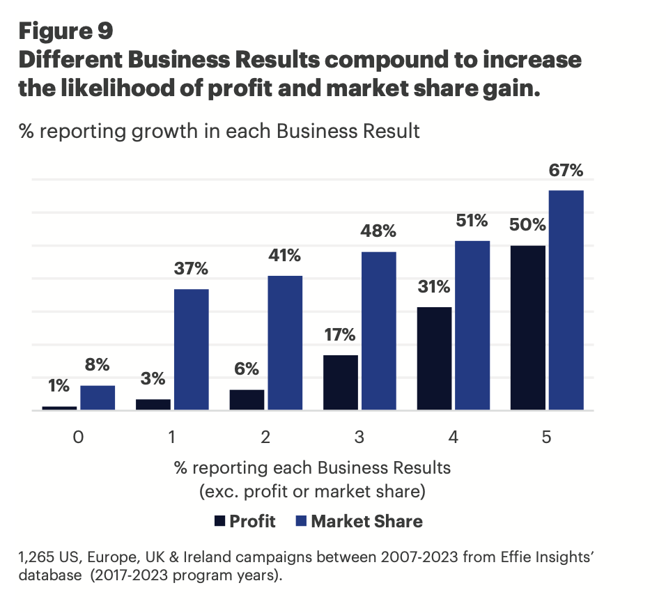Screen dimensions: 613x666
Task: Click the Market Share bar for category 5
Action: coord(566,300)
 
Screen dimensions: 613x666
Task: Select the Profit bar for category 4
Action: coord(434,359)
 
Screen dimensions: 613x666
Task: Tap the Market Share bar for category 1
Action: coord(191,350)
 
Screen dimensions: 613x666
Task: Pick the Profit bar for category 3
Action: coord(341,382)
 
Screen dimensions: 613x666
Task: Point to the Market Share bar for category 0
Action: coord(98,398)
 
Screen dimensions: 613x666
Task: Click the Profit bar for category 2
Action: coord(247,400)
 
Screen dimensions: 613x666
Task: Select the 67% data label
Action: coord(566,171)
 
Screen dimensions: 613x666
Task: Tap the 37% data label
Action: coord(191,269)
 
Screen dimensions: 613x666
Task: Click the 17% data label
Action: coord(340,335)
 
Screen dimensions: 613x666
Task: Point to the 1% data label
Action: coord(59,387)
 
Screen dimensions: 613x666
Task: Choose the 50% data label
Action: coord(527,226)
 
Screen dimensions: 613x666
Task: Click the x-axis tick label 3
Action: coord(359,437)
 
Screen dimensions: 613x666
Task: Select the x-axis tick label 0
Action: coord(78,437)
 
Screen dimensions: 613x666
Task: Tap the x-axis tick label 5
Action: coord(547,437)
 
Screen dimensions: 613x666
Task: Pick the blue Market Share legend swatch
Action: coord(301,521)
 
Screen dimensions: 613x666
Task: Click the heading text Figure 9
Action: coord(65,31)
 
